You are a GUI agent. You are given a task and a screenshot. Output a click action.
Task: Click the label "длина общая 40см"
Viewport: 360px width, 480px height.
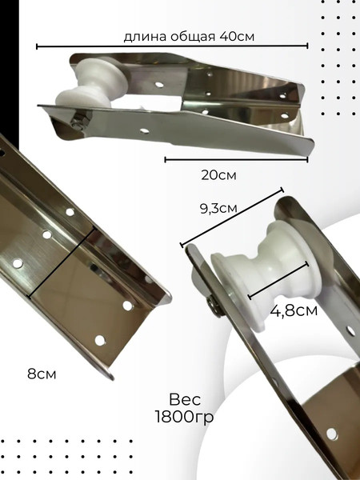[x=189, y=37]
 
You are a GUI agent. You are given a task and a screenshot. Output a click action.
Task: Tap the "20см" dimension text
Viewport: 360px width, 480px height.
[x=218, y=175]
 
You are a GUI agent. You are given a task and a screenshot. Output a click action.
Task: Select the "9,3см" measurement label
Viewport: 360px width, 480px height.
[x=218, y=208]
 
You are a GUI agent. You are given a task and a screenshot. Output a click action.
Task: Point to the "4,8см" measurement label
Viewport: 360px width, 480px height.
[x=294, y=310]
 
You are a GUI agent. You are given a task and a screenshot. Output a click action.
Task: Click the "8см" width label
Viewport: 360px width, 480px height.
[x=42, y=374]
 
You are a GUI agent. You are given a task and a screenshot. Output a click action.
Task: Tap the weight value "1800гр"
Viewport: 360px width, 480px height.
[x=184, y=416]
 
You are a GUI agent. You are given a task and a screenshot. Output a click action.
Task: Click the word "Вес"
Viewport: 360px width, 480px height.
[x=185, y=399]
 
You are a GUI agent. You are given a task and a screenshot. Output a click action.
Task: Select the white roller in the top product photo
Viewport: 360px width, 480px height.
[x=92, y=84]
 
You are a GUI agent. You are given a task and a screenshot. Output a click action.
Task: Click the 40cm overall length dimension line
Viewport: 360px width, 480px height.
[x=172, y=46]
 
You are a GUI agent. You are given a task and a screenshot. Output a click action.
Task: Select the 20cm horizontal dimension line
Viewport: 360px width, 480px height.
[x=236, y=159]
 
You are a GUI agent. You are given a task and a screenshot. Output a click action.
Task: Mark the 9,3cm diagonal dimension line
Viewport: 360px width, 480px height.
[x=232, y=218]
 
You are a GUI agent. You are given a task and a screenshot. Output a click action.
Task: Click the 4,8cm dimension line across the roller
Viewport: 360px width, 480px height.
[x=278, y=280]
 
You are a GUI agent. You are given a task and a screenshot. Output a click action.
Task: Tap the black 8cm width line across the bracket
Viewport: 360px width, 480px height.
[x=62, y=262]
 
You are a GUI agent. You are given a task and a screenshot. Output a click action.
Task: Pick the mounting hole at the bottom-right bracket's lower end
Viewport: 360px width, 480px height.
[x=331, y=434]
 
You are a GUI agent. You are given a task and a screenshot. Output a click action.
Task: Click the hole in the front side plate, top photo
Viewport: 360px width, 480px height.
[x=145, y=131]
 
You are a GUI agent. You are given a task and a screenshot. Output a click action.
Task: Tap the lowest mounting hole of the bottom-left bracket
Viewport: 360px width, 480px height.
[x=100, y=341]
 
